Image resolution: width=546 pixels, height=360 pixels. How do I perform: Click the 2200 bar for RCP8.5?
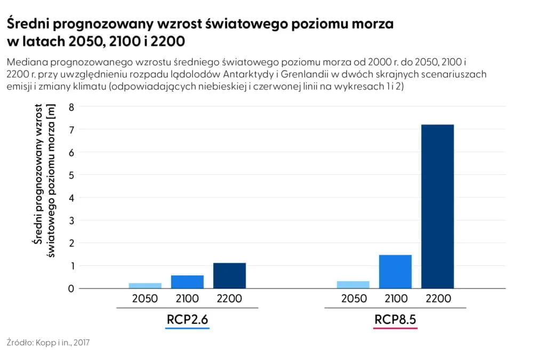[437, 206]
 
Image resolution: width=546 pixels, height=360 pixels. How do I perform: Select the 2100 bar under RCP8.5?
[395, 271]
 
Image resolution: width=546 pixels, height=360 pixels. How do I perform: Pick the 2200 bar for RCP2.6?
[229, 276]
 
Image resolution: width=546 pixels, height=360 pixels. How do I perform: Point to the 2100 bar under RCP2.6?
[187, 282]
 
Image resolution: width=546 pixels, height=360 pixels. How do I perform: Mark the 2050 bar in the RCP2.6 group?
[145, 286]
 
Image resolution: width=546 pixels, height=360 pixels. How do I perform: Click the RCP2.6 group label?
[187, 319]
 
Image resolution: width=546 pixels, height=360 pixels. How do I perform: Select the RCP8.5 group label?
[395, 319]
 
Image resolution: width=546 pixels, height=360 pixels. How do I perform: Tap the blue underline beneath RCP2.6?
[187, 328]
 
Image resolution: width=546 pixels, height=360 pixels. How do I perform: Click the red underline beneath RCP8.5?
[395, 328]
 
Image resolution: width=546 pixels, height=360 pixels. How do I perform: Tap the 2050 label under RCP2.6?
[145, 299]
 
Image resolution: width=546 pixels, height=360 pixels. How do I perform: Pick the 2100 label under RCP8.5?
[395, 299]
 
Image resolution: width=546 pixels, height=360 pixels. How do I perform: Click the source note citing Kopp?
[48, 342]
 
